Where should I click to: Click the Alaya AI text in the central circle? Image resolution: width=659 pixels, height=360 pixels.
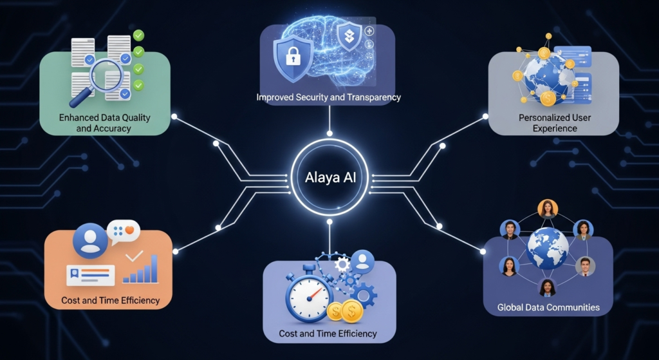pos(329,178)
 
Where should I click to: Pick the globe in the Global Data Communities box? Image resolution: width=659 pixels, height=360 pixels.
pos(548,249)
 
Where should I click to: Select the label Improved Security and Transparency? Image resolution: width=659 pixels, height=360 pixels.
pos(328,97)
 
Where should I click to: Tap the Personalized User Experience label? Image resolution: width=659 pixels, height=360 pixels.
pos(554,123)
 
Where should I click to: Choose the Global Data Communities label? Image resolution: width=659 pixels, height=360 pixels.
pos(548,307)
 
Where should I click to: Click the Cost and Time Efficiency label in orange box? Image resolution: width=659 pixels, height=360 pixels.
pos(111,300)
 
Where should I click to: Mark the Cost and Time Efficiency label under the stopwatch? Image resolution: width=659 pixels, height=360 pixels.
pos(328,334)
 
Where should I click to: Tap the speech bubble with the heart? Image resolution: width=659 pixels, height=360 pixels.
pos(124,231)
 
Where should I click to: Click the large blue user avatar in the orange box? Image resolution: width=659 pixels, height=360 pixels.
pos(90,241)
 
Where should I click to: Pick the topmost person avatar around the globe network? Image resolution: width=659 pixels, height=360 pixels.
pos(548,209)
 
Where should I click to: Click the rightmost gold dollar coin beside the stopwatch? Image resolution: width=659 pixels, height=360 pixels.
pos(351,312)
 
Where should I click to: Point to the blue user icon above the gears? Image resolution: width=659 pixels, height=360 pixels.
pos(362,261)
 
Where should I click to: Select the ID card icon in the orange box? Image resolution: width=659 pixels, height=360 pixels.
pos(90,274)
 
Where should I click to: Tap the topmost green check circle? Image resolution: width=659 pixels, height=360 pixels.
pos(138,36)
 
